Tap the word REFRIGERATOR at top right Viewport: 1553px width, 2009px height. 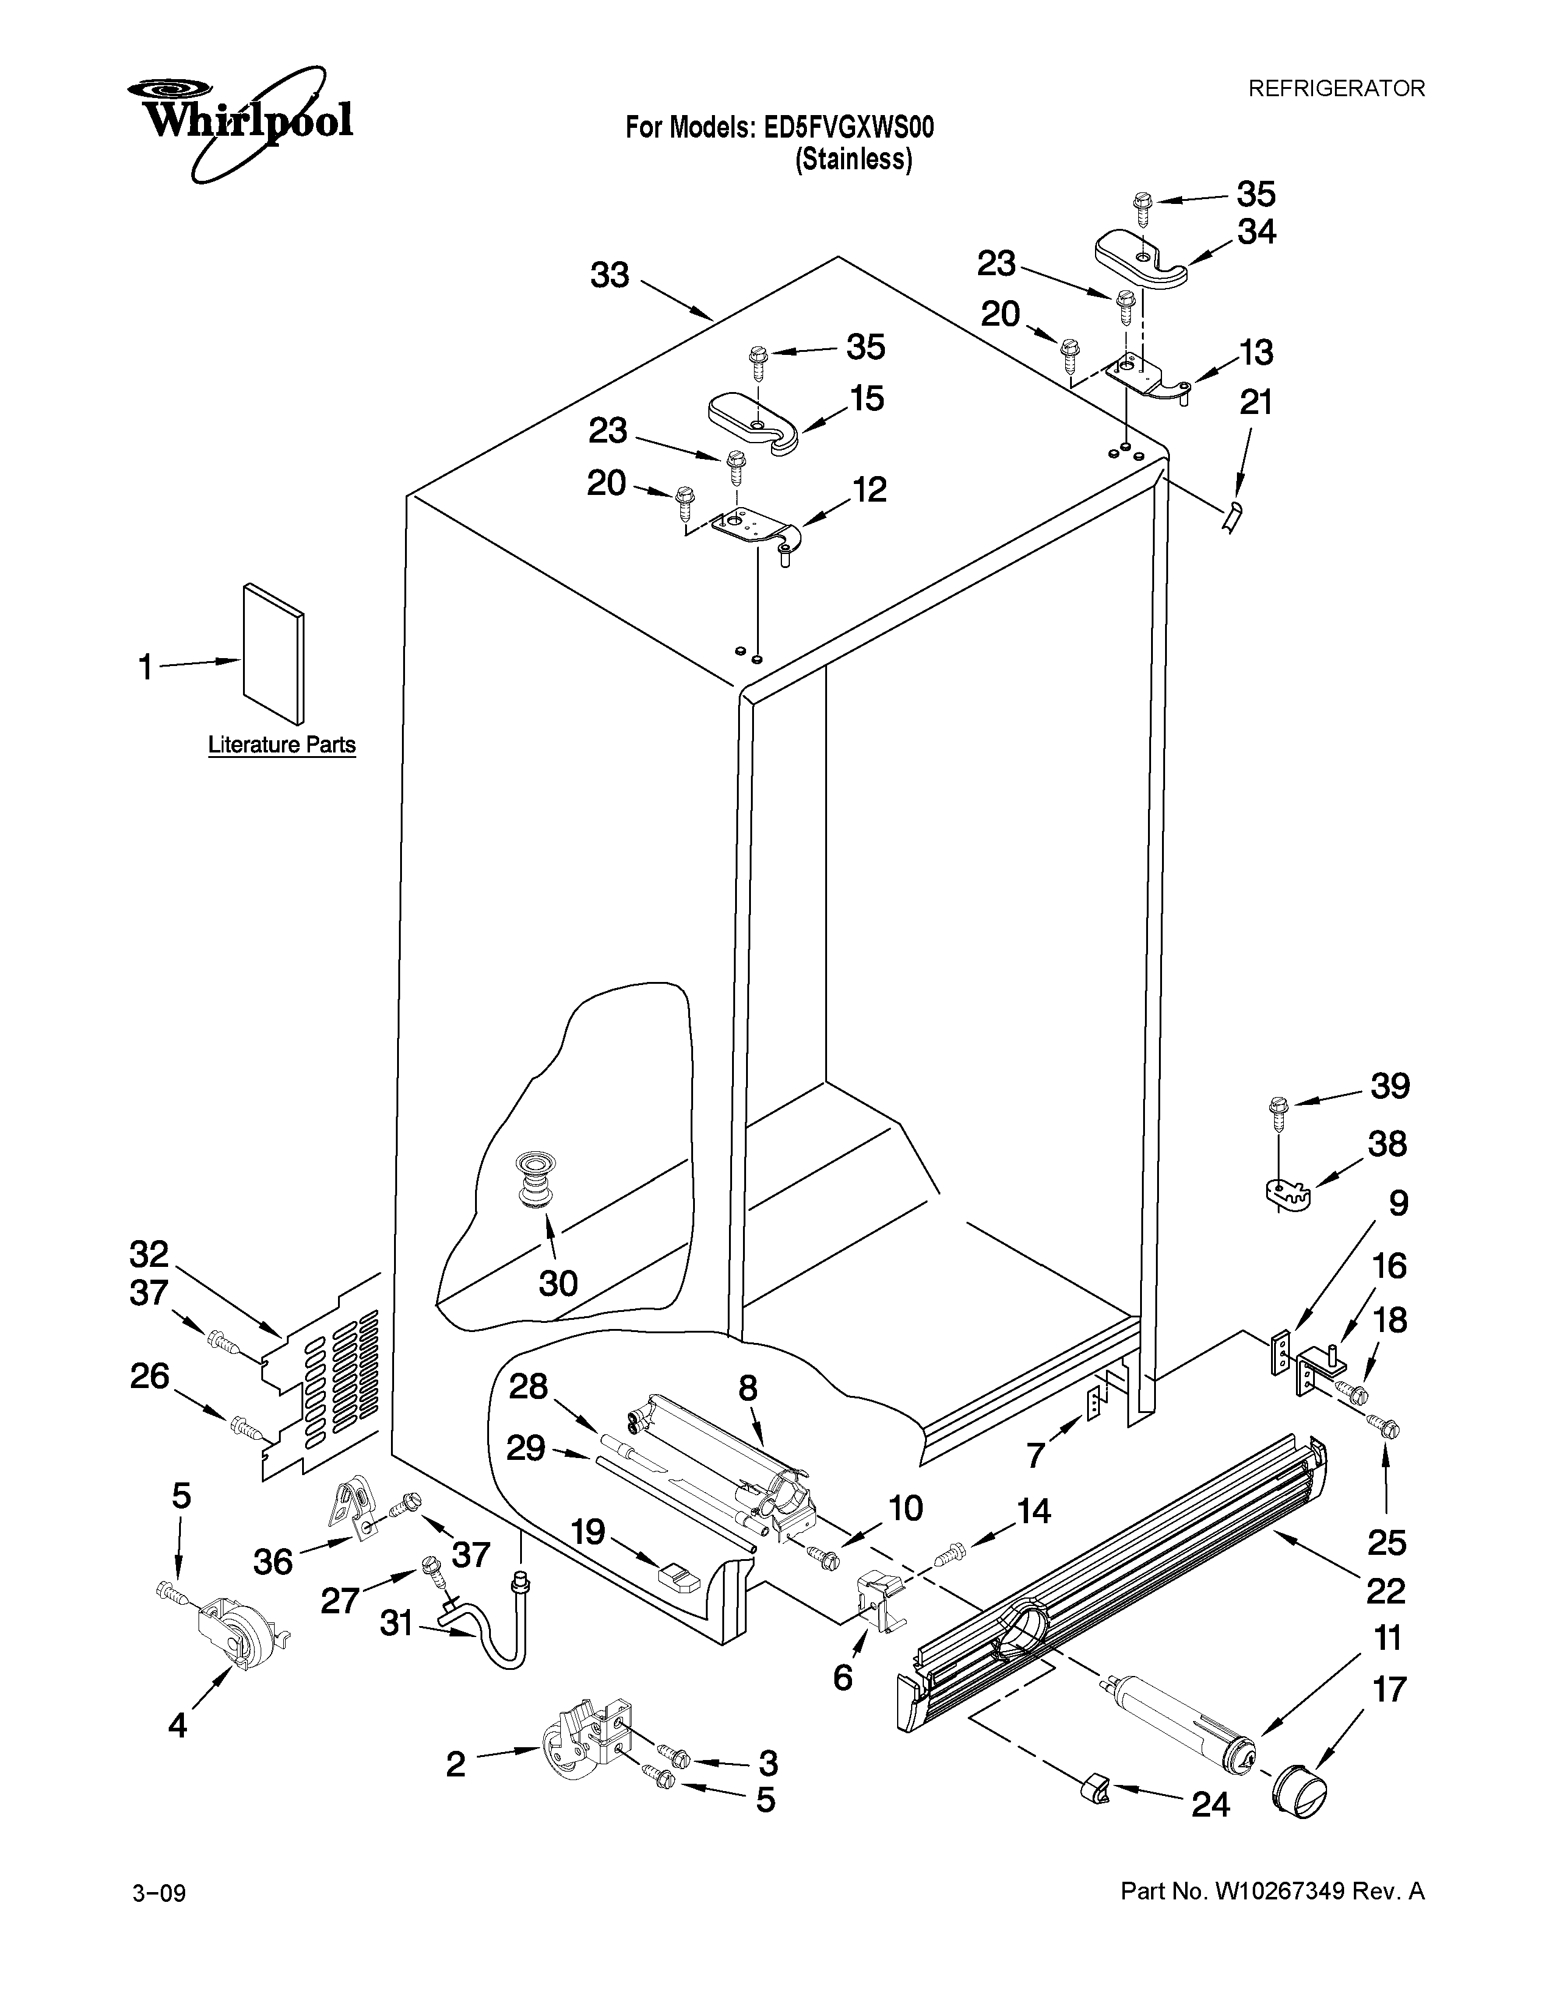pyautogui.click(x=1335, y=88)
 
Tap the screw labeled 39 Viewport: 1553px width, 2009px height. pyautogui.click(x=1278, y=1112)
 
